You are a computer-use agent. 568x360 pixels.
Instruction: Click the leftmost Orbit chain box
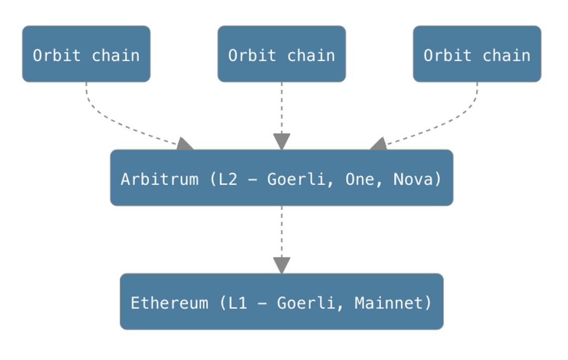[86, 54]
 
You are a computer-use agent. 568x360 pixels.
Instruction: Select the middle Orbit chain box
[281, 54]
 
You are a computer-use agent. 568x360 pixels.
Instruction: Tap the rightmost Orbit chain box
[477, 54]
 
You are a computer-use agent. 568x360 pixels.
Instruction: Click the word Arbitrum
[159, 179]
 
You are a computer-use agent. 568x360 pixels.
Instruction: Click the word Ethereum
[169, 303]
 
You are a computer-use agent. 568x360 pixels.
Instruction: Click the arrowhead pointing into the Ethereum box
[282, 265]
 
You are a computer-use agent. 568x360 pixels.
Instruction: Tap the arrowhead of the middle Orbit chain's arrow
[282, 142]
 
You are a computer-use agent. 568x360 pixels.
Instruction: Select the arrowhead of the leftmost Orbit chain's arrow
[185, 144]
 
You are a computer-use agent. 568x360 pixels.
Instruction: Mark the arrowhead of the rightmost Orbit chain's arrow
[379, 144]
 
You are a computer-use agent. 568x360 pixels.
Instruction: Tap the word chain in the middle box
[311, 55]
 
